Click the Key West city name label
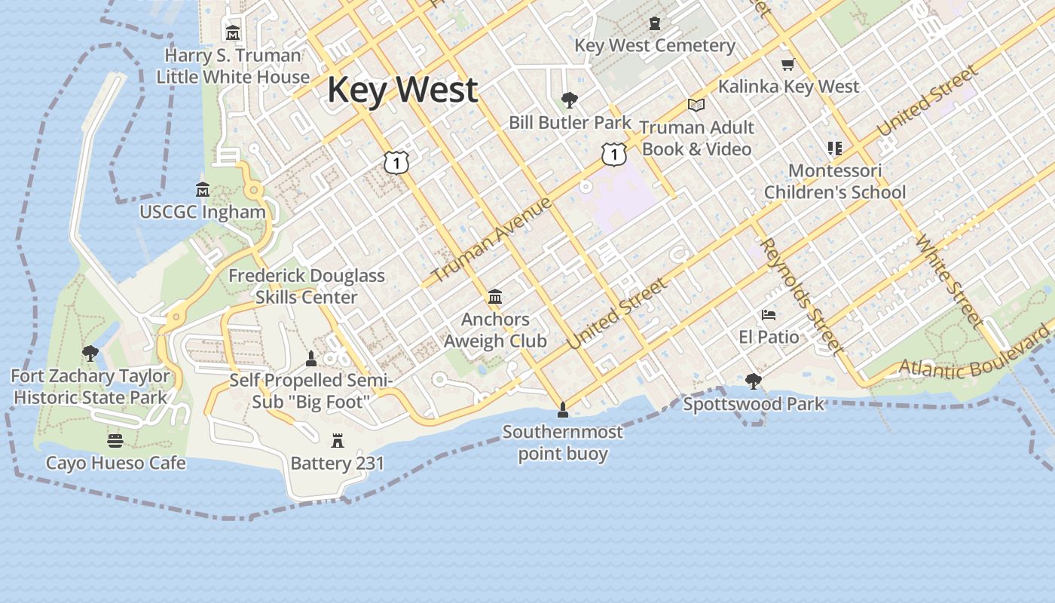point(402,90)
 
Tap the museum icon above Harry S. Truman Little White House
point(233,33)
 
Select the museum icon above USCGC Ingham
point(202,189)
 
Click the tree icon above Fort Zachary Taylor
point(90,353)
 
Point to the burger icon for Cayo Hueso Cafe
point(115,440)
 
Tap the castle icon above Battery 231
point(338,440)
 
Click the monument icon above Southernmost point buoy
point(562,410)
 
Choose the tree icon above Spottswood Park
point(753,381)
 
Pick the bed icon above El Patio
point(769,314)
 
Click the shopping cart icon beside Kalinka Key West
point(788,65)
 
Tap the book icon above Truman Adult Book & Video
point(696,105)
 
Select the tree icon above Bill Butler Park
point(570,99)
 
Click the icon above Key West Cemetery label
point(654,23)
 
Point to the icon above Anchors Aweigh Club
point(495,297)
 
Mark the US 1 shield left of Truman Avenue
point(396,162)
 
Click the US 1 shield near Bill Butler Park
point(614,155)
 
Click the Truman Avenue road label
point(492,240)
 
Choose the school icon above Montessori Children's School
point(834,148)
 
